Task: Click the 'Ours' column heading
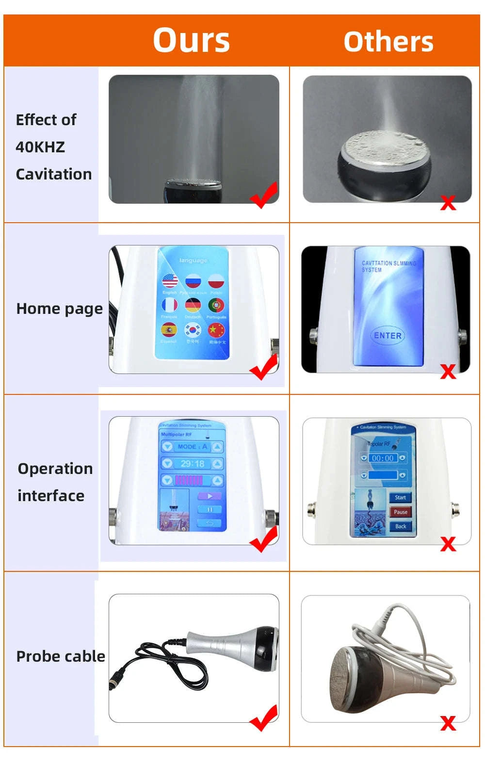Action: (x=191, y=40)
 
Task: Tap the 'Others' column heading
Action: (x=388, y=42)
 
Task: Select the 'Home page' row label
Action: (x=59, y=309)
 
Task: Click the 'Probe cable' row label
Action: (x=61, y=656)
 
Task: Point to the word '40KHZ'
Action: (x=40, y=146)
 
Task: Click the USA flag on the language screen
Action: (x=169, y=280)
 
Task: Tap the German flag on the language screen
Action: (x=193, y=305)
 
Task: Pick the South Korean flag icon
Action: (x=193, y=330)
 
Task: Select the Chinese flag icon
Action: (x=216, y=330)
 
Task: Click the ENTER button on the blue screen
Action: (x=388, y=335)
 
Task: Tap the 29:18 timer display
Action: (x=193, y=464)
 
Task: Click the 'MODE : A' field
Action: (x=193, y=447)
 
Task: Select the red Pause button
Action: (x=400, y=512)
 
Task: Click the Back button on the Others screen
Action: (x=400, y=526)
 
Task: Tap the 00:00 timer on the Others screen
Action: (x=383, y=458)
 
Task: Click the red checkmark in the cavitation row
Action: (x=264, y=195)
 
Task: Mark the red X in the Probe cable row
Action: (x=448, y=723)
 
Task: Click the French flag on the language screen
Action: (x=169, y=305)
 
